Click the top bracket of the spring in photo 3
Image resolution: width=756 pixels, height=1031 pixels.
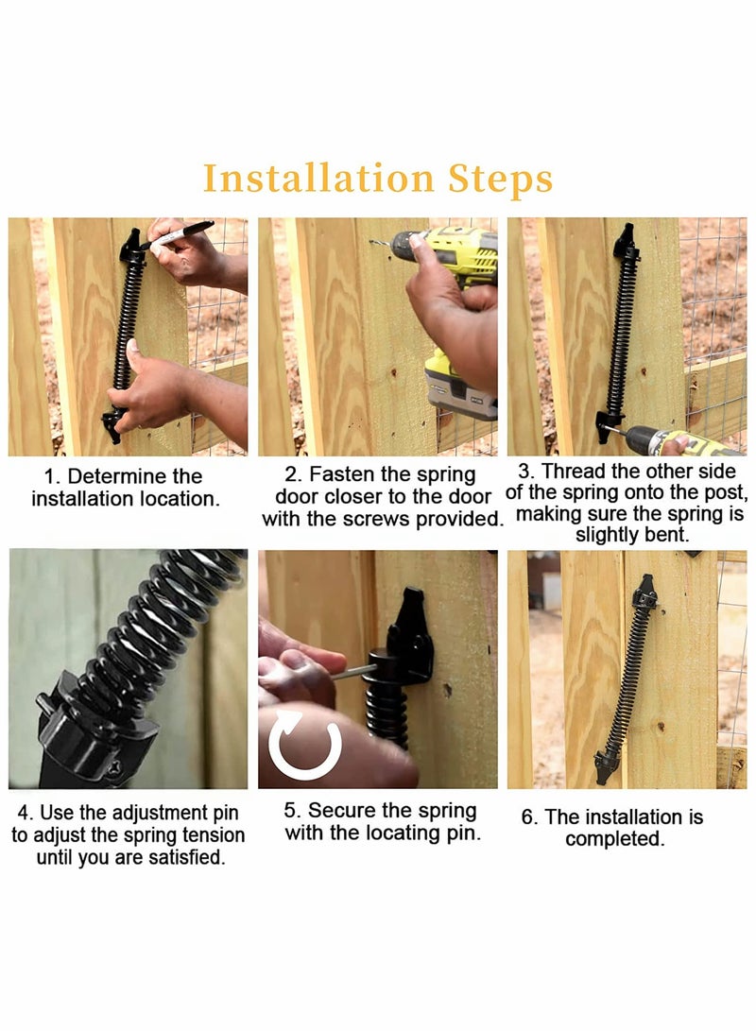(x=624, y=245)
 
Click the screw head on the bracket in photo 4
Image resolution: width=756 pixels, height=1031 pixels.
(x=112, y=770)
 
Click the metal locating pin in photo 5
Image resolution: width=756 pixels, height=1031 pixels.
(x=352, y=672)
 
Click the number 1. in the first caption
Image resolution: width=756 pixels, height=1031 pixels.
(x=53, y=476)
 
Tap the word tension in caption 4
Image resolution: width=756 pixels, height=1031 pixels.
(x=213, y=835)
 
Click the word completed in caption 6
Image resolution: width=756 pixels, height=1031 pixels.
(x=614, y=839)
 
